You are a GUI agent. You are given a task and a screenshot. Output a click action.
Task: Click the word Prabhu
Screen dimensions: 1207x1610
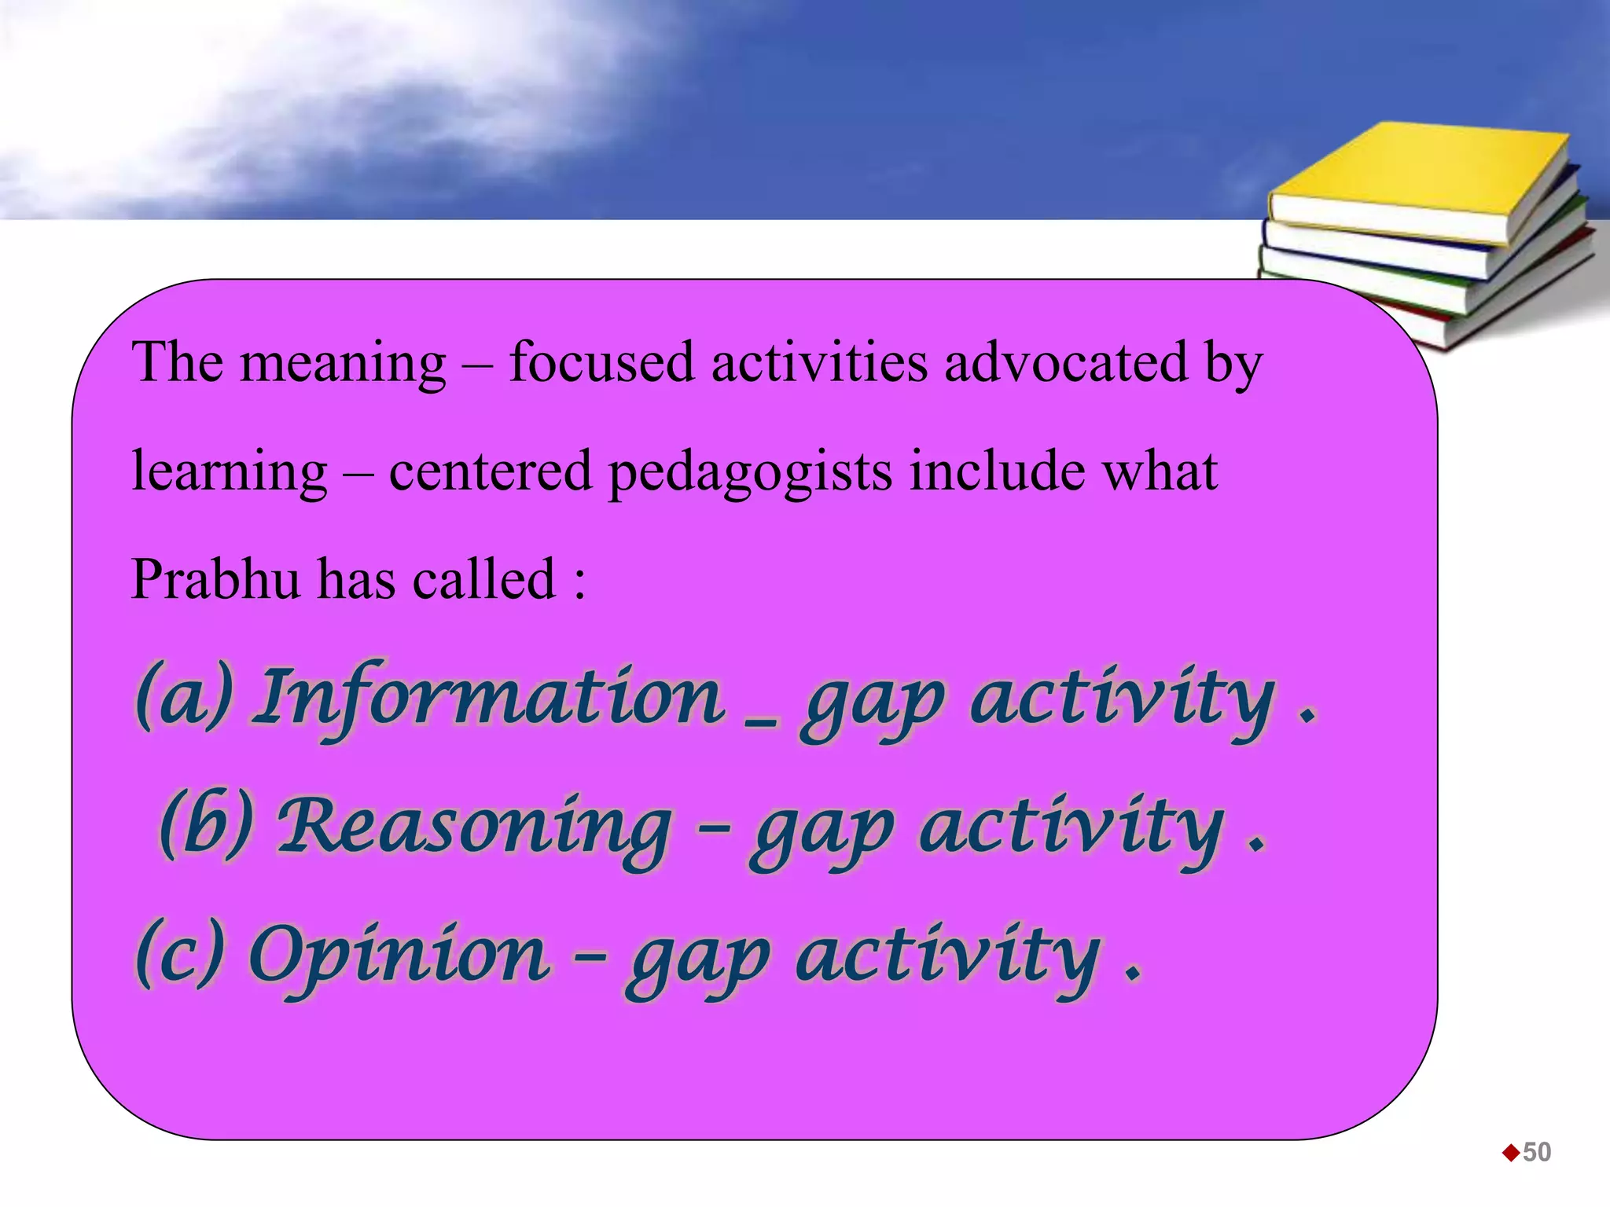coord(215,579)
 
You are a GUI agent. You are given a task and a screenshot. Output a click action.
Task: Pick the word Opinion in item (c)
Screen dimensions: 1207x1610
coord(399,956)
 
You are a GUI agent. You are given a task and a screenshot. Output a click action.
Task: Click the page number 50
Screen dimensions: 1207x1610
coord(1537,1152)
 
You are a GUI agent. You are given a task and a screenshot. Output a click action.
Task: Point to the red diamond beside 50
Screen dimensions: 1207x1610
coord(1511,1153)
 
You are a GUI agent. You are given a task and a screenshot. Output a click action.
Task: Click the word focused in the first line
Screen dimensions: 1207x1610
coord(601,362)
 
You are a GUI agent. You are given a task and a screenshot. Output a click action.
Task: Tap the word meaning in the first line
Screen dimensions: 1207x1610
coord(343,364)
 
